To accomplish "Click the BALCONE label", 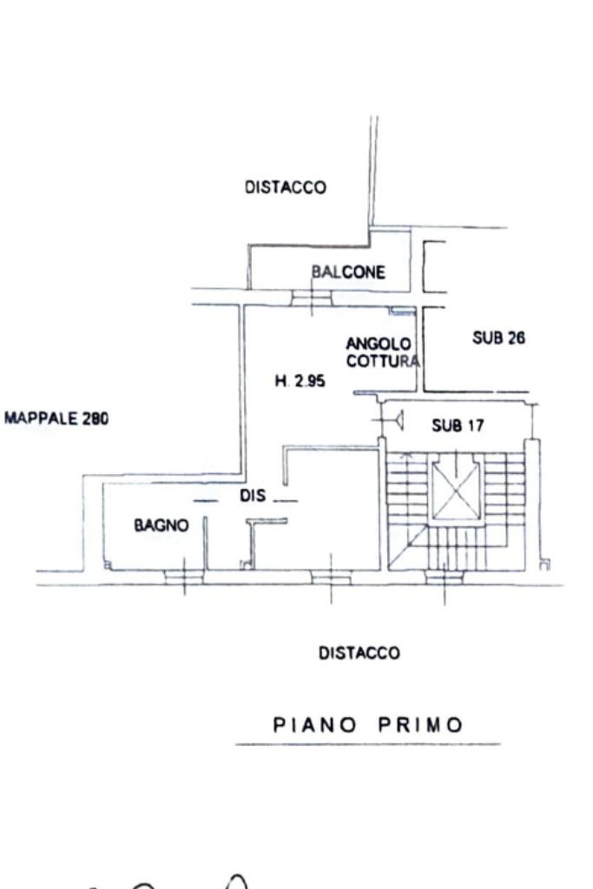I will click(348, 272).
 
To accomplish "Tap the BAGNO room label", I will click(161, 524).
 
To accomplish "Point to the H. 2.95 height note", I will click(300, 379).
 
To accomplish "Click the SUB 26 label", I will click(498, 338).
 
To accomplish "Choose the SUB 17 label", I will click(458, 425).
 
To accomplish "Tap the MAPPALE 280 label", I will click(56, 418).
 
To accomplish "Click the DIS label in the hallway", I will click(252, 497).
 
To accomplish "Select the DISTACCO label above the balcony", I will click(286, 187).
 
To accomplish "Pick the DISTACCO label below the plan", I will click(359, 653).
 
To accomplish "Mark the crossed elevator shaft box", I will click(456, 491).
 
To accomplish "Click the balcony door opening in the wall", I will click(311, 298).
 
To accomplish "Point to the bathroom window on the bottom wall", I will click(184, 575).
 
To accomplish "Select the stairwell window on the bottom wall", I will click(445, 575).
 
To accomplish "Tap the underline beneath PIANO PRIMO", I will click(367, 744).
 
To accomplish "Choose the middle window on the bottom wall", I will click(331, 575).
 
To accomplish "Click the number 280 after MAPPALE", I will click(96, 418).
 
